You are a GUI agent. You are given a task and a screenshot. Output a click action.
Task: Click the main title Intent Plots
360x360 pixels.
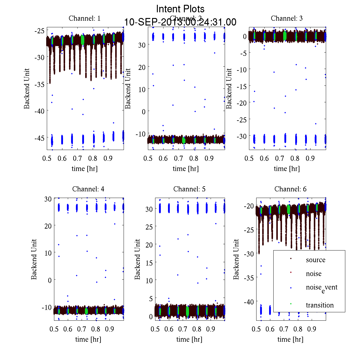[180, 9]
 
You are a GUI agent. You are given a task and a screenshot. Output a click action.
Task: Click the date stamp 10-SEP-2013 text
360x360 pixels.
[180, 22]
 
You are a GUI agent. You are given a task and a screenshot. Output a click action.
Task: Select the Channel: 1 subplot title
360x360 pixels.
[85, 18]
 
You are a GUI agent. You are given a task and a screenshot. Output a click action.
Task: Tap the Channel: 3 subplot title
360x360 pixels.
[287, 18]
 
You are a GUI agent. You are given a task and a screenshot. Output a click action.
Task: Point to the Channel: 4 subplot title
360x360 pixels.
[88, 189]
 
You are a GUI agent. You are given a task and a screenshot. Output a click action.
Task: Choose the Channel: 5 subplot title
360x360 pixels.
[189, 189]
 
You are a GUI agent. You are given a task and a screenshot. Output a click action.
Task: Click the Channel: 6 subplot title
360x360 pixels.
[290, 189]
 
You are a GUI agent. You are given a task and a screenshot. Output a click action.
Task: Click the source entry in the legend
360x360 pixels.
[316, 260]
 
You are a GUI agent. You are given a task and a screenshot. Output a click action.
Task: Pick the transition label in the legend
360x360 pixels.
[320, 305]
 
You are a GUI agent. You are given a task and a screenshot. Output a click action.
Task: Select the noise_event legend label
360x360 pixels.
[322, 287]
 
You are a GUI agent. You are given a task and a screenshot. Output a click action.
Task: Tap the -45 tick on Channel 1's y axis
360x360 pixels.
[40, 138]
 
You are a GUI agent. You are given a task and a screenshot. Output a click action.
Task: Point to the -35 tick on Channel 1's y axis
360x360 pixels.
[40, 84]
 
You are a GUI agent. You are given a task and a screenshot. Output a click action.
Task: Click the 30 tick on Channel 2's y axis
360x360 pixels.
[142, 45]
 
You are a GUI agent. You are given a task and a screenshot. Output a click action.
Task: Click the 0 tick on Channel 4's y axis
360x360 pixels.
[49, 280]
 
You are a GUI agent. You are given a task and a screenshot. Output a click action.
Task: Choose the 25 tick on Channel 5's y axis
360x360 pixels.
[149, 227]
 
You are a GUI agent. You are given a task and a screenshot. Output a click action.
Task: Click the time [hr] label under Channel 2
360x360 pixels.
[186, 169]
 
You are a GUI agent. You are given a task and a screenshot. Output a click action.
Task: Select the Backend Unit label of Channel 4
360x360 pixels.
[34, 259]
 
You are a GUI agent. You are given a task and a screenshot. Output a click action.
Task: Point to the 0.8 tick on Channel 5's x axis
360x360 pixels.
[197, 329]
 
